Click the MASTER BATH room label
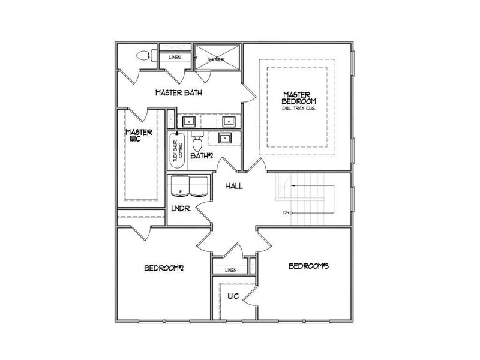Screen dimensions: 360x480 [x=178, y=93]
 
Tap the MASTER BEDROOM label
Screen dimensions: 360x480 [x=297, y=98]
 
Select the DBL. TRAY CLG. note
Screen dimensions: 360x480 [x=298, y=110]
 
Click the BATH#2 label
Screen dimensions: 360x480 [x=202, y=156]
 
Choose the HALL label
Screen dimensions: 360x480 [x=234, y=186]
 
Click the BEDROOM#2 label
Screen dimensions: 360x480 [x=163, y=268]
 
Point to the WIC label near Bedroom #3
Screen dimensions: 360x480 [x=233, y=296]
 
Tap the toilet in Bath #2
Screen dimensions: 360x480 [x=197, y=142]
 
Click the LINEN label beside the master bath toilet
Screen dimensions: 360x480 [x=175, y=58]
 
